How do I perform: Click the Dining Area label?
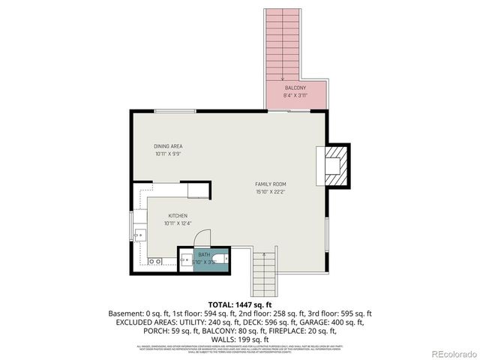coord(168,146)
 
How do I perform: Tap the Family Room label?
coord(270,184)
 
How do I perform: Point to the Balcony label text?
coord(294,88)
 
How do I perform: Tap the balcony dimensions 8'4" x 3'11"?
coord(294,95)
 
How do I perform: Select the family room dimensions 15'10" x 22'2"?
coord(270,191)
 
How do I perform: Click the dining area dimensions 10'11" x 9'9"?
coord(168,154)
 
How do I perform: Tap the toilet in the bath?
coord(215,262)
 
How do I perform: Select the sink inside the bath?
coord(186,261)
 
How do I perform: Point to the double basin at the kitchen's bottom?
coord(154,262)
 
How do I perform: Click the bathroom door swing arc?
coord(202,236)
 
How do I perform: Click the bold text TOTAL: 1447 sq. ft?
coord(239,305)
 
